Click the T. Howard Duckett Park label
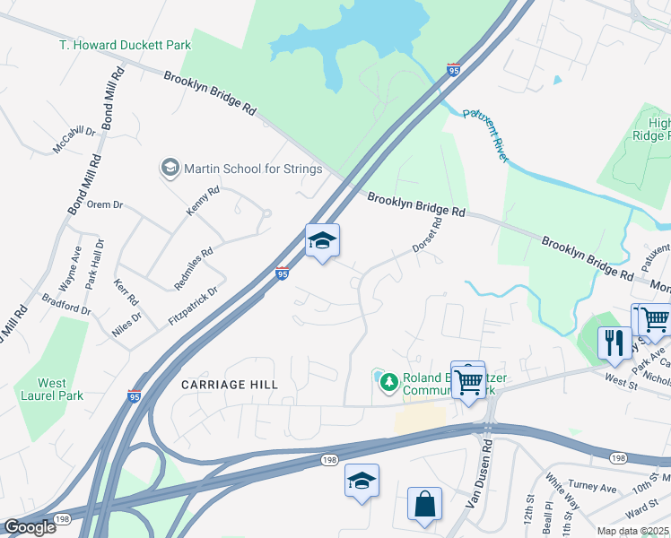pos(125,45)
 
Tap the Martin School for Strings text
pos(253,169)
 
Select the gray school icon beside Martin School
pos(170,168)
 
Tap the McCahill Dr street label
pos(74,139)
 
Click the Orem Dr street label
pos(104,204)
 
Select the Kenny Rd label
pos(203,201)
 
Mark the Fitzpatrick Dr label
pos(193,306)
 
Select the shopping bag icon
pos(424,505)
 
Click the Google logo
pos(30,527)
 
